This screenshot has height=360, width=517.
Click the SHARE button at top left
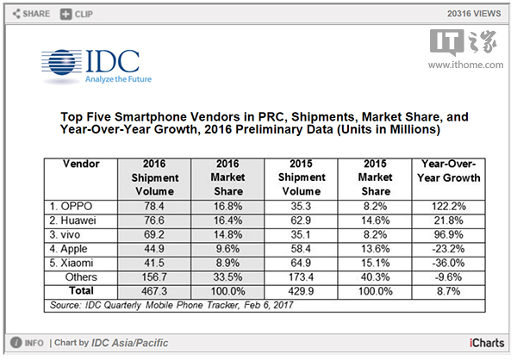(30, 15)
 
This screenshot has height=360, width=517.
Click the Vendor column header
(83, 164)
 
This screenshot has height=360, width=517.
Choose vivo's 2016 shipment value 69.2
(155, 233)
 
